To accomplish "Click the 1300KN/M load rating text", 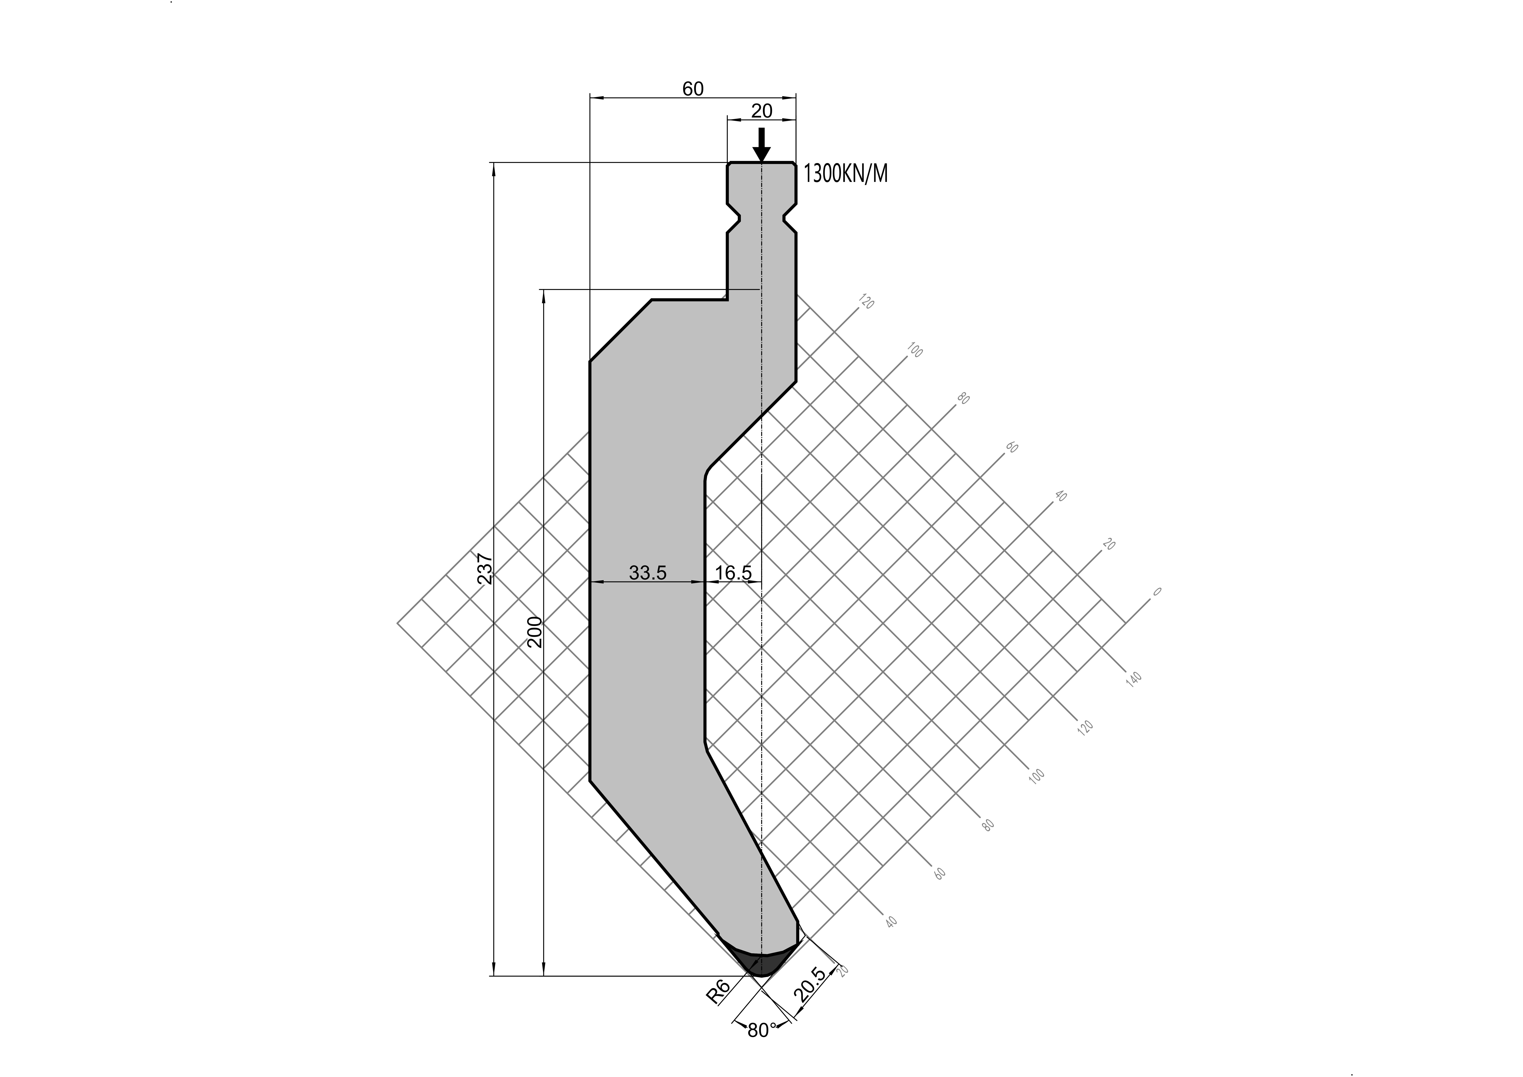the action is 845,174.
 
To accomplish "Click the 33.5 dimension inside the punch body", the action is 647,572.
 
